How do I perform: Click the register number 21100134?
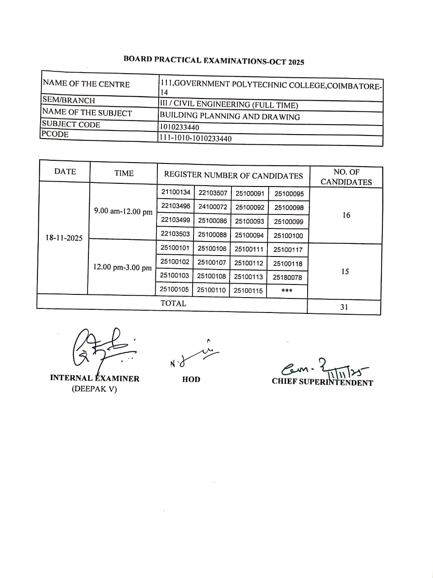pos(176,192)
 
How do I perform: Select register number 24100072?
pos(212,207)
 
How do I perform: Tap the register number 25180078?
pos(287,277)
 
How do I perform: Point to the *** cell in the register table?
pos(287,291)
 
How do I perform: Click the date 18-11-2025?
pos(64,238)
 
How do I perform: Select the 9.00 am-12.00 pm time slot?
pos(123,211)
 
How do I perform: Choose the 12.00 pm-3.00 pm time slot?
pos(122,267)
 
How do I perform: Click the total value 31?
pos(344,307)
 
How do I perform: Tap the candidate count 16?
pos(346,215)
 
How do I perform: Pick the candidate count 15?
pos(345,272)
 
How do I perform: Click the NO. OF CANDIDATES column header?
pos(346,177)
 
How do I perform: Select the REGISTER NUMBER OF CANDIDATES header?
pos(233,175)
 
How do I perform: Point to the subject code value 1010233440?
pos(179,127)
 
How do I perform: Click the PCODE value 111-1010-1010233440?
pos(195,139)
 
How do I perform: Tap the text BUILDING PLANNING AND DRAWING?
pos(230,117)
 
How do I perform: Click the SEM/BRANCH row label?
pos(69,100)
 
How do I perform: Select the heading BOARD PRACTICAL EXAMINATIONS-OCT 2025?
pos(214,61)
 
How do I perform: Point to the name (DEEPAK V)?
pos(94,389)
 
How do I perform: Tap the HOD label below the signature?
pos(191,379)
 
